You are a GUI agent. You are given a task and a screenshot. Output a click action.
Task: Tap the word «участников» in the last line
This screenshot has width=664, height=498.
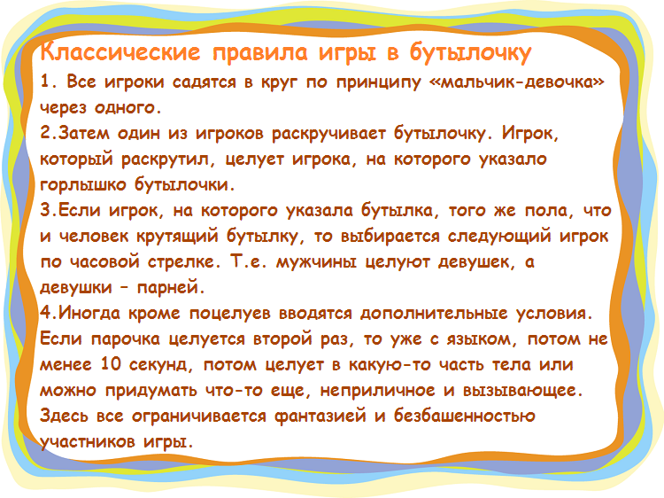point(87,442)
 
